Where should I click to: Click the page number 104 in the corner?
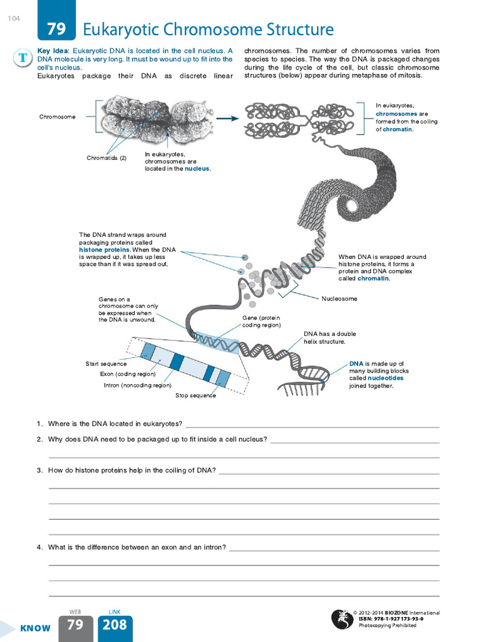pyautogui.click(x=14, y=18)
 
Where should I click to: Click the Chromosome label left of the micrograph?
pyautogui.click(x=57, y=117)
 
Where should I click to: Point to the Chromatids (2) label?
pyautogui.click(x=106, y=158)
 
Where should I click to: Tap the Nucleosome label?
pyautogui.click(x=339, y=299)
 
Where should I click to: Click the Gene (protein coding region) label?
pyautogui.click(x=262, y=322)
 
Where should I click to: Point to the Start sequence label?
pyautogui.click(x=106, y=364)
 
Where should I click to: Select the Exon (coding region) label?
pyautogui.click(x=127, y=374)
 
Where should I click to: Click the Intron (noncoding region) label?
pyautogui.click(x=137, y=386)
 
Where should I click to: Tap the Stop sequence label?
pyautogui.click(x=195, y=396)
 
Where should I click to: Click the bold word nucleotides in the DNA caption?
pyautogui.click(x=385, y=379)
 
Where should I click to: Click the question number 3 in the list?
pyautogui.click(x=39, y=470)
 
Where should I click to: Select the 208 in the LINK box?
pyautogui.click(x=115, y=624)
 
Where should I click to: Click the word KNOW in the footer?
pyautogui.click(x=35, y=628)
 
